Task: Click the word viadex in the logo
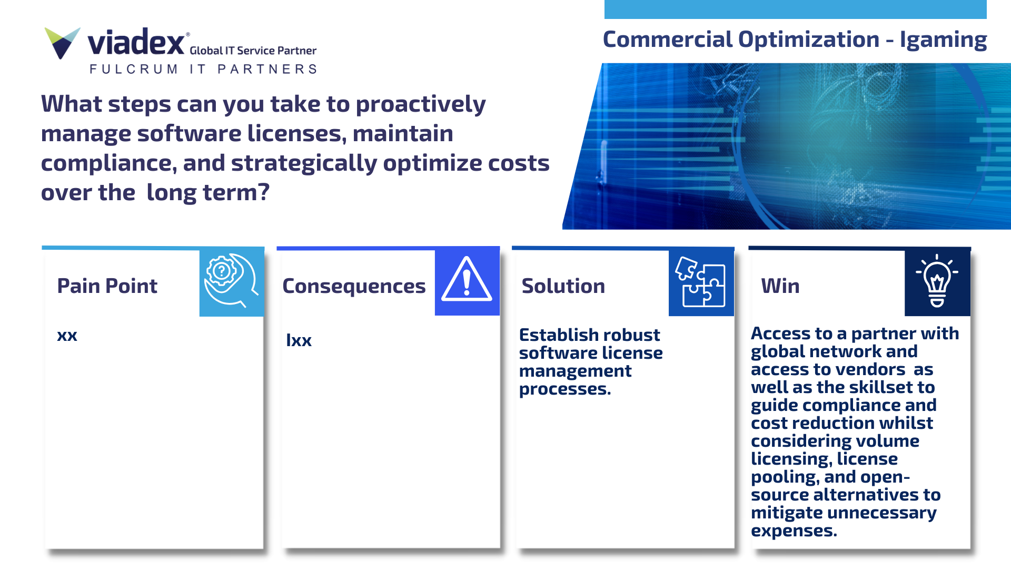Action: [136, 42]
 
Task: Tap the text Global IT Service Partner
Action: [253, 51]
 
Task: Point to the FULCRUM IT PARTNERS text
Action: [203, 69]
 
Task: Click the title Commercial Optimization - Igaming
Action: [795, 40]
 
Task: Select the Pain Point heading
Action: [107, 286]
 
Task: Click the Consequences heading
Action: [354, 287]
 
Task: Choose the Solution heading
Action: [563, 286]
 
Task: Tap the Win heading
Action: [780, 286]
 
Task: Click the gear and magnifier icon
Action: [231, 281]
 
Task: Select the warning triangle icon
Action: [467, 279]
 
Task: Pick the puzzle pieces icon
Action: [701, 281]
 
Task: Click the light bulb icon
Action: [937, 281]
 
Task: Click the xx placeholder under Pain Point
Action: [67, 336]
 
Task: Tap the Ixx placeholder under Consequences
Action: [299, 340]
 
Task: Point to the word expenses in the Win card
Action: [794, 531]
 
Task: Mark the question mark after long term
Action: [264, 192]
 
